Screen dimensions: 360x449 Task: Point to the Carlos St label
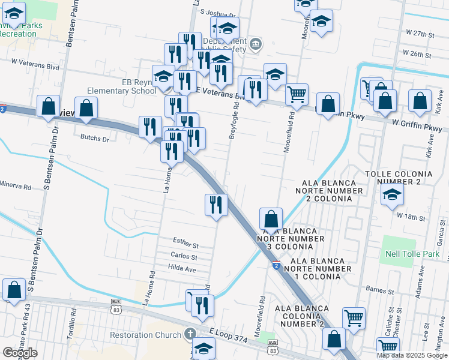pyautogui.click(x=184, y=257)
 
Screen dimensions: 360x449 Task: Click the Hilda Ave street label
pyautogui.click(x=182, y=269)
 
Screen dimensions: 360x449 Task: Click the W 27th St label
pyautogui.click(x=420, y=35)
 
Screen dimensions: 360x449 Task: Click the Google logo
pyautogui.click(x=19, y=353)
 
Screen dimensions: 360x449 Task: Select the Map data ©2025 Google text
pyautogui.click(x=412, y=355)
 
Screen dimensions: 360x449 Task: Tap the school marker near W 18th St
pyautogui.click(x=392, y=194)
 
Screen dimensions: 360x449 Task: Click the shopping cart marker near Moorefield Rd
pyautogui.click(x=297, y=94)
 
